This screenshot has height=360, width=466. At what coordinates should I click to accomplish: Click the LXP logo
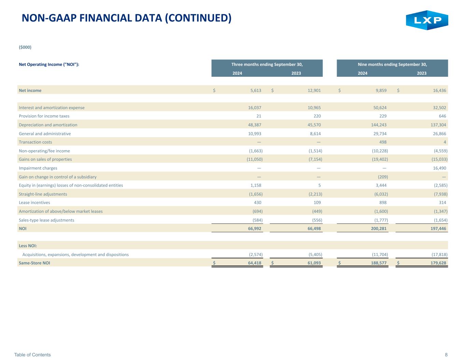point(427,20)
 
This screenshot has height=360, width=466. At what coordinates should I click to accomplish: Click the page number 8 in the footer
point(446,355)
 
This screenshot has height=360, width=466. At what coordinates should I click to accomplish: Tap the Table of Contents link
point(32,355)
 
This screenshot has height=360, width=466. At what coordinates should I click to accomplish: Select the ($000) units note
point(25,47)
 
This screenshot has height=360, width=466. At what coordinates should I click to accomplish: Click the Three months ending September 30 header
point(267,64)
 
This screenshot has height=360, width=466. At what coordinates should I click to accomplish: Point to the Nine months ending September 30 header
point(392,64)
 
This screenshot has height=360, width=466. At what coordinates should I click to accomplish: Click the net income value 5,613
point(256,90)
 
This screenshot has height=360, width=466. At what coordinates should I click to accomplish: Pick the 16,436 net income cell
point(439,90)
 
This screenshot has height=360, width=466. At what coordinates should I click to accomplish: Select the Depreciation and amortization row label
point(48,125)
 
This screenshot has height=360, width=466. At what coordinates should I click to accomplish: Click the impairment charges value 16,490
point(439,168)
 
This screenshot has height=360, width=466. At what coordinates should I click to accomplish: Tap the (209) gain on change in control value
point(383,177)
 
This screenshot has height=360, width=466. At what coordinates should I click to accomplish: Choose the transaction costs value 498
point(383,142)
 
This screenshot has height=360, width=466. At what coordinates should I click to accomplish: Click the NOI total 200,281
point(379,229)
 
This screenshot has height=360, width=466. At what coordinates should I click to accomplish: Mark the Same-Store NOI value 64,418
point(255,263)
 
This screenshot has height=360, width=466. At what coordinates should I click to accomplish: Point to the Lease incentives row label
point(34,202)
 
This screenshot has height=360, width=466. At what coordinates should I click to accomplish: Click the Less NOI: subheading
point(28,246)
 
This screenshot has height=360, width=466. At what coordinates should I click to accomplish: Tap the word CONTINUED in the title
point(198,18)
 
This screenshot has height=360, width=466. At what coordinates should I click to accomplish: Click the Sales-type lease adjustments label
point(46,220)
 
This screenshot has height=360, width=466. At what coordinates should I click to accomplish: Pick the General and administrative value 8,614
point(315,134)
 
